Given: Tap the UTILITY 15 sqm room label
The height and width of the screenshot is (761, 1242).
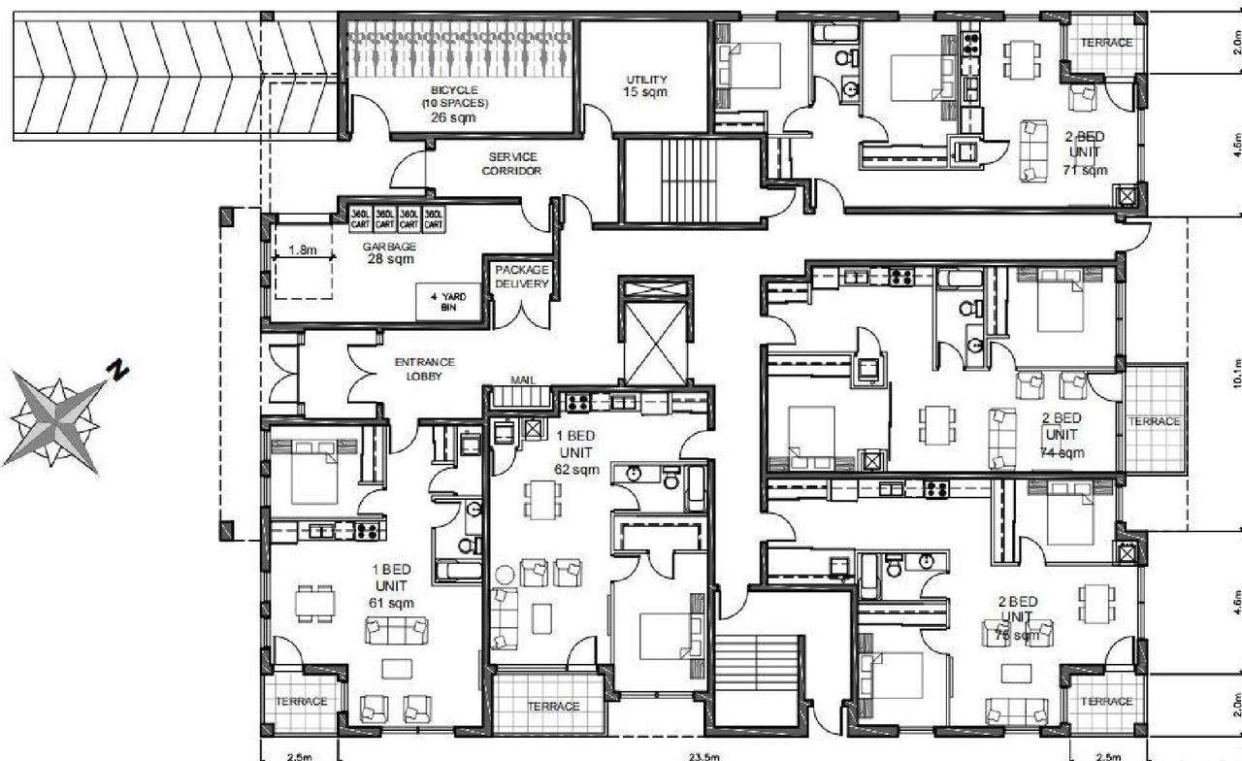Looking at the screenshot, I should [646, 85].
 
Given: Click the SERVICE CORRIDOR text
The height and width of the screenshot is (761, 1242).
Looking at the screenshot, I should [513, 163].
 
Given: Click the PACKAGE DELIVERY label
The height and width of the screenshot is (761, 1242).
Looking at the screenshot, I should [522, 277].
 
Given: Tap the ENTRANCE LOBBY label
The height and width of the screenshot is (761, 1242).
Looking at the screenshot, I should [424, 369].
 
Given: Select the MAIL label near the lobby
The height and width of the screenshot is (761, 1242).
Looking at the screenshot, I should [522, 381].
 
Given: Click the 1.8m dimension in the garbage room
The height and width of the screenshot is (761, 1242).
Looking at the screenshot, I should [303, 249].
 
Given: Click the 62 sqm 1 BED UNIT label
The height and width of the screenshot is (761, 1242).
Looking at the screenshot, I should [576, 452].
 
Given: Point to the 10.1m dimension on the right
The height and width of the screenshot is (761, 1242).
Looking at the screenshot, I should [1234, 373].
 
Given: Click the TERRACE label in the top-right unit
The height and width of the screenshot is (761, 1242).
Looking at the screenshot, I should [1106, 43].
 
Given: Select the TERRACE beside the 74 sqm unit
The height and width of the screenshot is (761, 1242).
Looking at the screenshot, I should [1154, 421].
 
